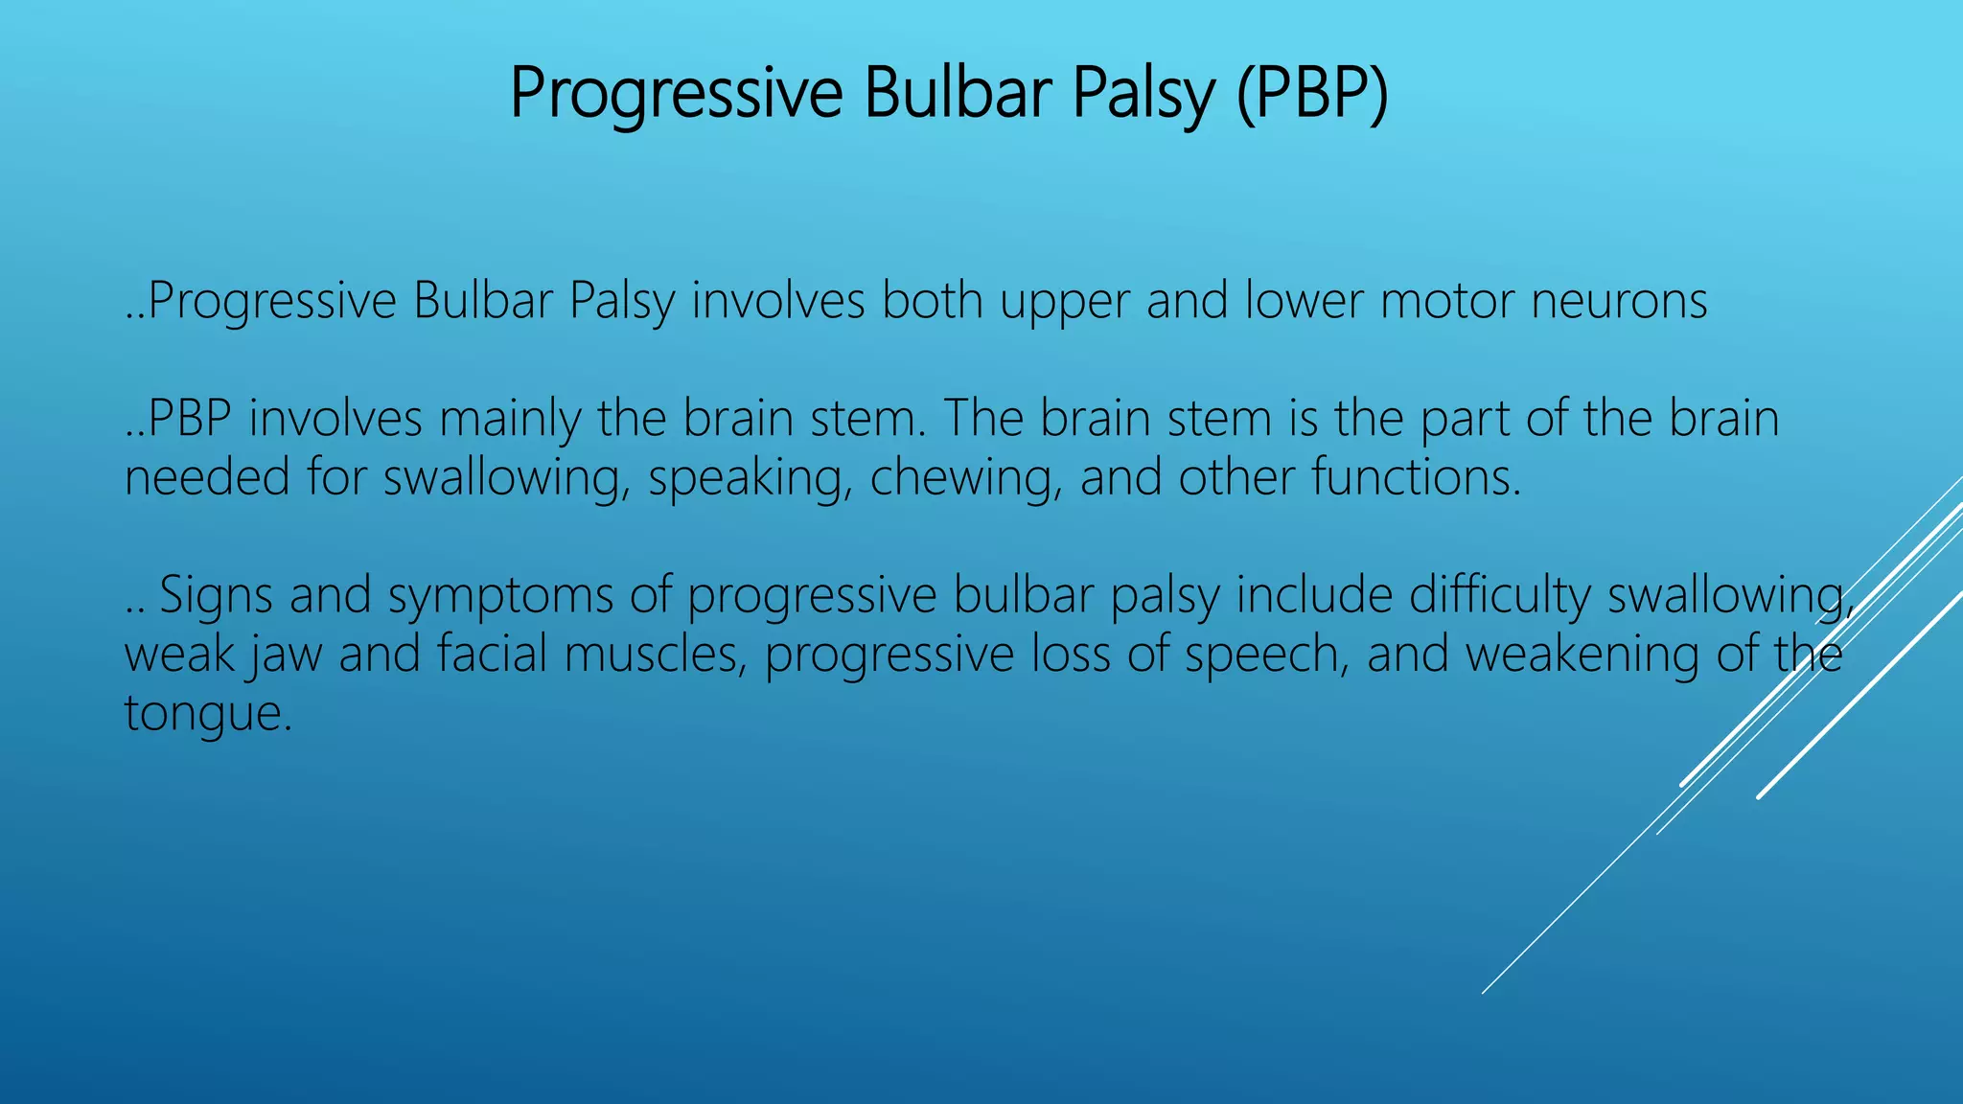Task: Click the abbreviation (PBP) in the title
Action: tap(1311, 94)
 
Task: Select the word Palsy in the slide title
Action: tap(1143, 94)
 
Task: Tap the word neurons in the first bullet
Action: tap(1619, 301)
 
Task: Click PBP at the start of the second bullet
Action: tap(191, 420)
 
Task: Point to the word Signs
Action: tap(216, 595)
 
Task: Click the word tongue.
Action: tap(207, 715)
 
